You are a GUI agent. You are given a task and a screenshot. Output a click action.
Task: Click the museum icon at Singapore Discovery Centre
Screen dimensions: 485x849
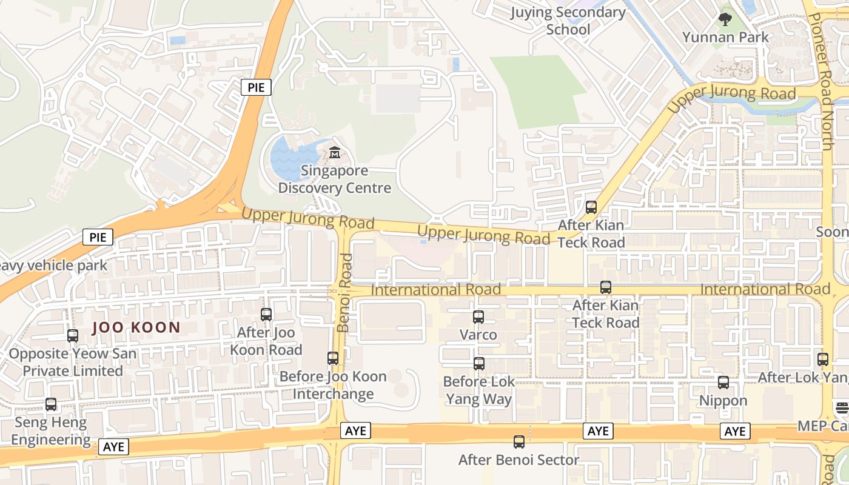[x=334, y=152]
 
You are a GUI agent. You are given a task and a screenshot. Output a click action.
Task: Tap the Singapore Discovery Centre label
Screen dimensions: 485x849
[x=334, y=179]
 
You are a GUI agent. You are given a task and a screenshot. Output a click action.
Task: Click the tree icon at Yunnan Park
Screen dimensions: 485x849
[x=725, y=19]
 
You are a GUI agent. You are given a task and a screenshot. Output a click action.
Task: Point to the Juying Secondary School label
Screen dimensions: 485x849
[x=568, y=21]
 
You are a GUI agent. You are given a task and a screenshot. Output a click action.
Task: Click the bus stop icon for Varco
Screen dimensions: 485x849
[x=478, y=317]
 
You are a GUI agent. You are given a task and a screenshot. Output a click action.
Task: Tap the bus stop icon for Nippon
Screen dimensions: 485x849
[x=723, y=383]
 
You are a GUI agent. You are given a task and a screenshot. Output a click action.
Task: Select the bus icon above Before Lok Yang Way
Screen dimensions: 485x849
[x=479, y=364]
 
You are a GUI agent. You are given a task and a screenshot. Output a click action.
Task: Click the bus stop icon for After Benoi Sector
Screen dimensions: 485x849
[x=519, y=442]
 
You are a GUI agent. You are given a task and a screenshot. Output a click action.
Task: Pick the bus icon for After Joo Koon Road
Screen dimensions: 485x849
[x=266, y=315]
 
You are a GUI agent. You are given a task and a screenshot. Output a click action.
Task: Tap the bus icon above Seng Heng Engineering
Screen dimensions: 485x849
[x=51, y=404]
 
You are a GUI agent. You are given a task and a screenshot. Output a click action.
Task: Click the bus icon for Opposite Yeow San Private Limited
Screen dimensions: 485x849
[x=73, y=336]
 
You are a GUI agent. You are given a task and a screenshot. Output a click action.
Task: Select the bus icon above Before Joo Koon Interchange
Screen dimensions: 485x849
[x=333, y=358]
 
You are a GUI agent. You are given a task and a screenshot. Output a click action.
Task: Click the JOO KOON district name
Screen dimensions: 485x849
[x=136, y=328]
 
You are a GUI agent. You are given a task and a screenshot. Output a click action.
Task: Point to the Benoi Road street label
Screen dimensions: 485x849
[x=344, y=293]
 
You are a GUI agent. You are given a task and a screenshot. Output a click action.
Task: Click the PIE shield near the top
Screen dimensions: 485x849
[x=256, y=87]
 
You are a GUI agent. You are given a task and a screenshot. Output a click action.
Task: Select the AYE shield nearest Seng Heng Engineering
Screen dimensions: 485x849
[x=113, y=447]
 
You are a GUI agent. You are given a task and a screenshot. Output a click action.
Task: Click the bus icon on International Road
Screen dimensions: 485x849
[x=605, y=287]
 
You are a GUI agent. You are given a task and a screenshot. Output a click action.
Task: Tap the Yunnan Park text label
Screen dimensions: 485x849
[x=725, y=37]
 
